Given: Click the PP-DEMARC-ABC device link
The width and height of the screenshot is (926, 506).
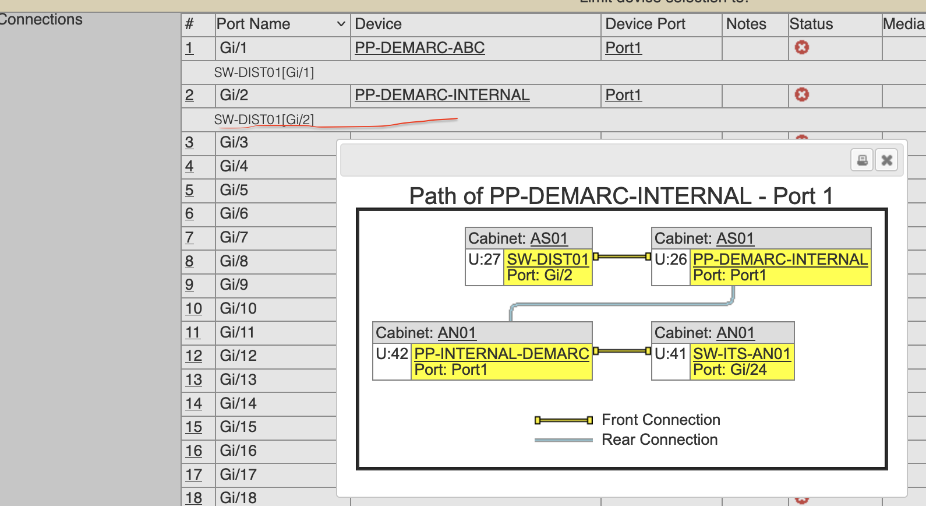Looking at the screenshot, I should pos(419,48).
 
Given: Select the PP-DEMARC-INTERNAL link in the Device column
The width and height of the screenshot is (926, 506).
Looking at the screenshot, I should pos(442,95).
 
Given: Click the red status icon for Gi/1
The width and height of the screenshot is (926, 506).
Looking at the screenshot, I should pos(802,47).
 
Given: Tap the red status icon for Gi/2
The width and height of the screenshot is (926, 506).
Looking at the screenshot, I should pos(802,94).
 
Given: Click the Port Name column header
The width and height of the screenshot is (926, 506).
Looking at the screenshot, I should pos(253,24).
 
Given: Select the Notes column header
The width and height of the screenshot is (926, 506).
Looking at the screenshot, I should pos(746,24).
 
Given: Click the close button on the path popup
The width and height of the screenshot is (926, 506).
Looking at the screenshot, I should pos(886,160).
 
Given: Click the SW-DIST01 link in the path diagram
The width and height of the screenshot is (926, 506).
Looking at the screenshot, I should pos(548,259).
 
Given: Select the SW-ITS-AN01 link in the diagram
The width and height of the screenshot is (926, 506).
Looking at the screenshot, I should pos(741,354).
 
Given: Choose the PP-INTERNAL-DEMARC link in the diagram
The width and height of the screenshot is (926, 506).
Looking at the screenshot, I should pos(501,354).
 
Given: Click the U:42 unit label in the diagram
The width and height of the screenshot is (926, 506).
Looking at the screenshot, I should pos(392,354).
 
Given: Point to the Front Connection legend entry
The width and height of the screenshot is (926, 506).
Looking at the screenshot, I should pos(660,420).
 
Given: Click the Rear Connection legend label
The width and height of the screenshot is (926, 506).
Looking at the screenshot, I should pos(659,440).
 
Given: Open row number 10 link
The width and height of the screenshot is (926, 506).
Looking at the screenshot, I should pos(193,308).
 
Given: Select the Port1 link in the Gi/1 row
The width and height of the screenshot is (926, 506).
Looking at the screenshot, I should pos(623,48).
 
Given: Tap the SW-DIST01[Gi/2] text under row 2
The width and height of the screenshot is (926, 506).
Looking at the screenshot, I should pos(264,120).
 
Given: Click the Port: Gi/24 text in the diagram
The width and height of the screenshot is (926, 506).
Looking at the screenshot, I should pos(730,370).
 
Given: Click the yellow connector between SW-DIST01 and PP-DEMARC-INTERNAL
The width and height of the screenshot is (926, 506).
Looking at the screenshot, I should pos(621,256).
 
